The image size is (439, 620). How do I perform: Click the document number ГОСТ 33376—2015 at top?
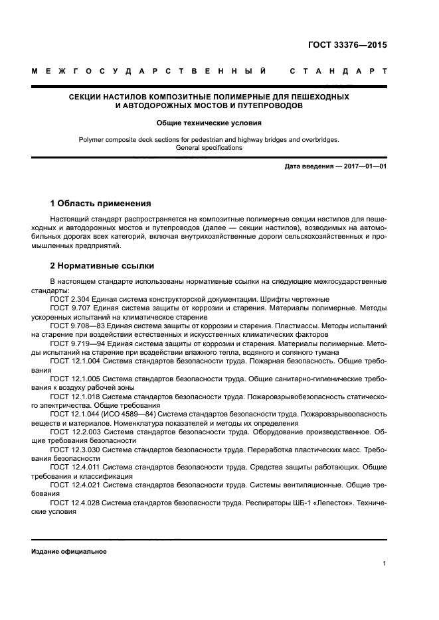point(347,45)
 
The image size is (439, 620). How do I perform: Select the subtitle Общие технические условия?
point(209,123)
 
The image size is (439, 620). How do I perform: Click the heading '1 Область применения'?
point(101,203)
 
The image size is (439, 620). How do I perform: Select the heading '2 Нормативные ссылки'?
point(102,266)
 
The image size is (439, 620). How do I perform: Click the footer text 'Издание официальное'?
point(69,551)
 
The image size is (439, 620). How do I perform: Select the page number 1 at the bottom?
point(385,564)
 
